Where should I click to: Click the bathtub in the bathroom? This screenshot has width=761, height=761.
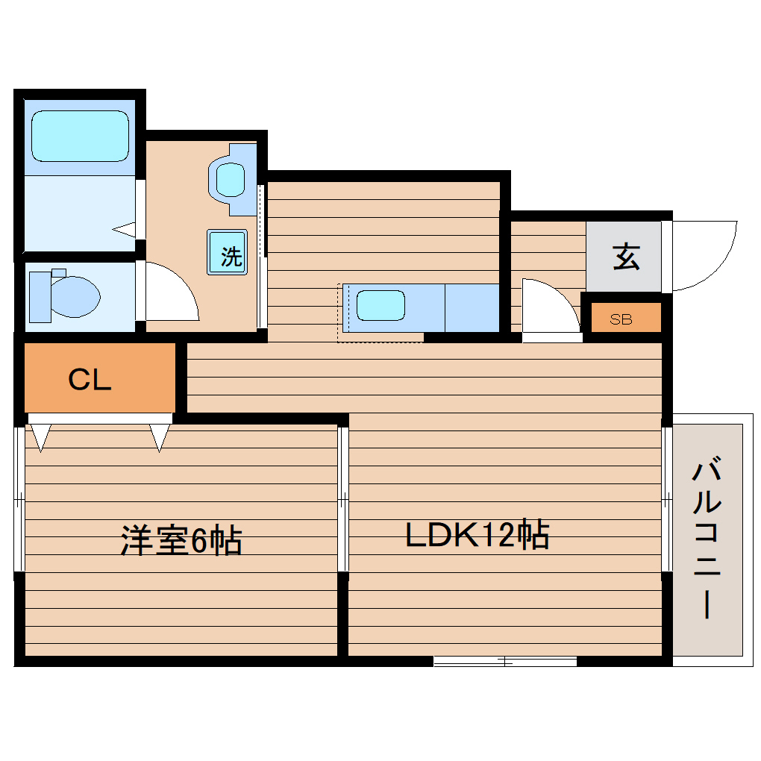[80, 136]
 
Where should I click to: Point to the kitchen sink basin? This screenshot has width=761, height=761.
[380, 306]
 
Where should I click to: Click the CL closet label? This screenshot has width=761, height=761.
[90, 380]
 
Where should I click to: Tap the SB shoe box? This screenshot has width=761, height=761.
[621, 319]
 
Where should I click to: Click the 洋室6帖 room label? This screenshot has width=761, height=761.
[181, 540]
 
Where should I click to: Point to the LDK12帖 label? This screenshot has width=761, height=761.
[477, 536]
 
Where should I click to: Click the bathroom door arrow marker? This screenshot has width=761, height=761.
[125, 228]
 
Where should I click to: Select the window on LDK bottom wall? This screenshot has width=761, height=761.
[505, 661]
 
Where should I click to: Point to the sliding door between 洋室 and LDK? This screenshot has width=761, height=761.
[343, 498]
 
